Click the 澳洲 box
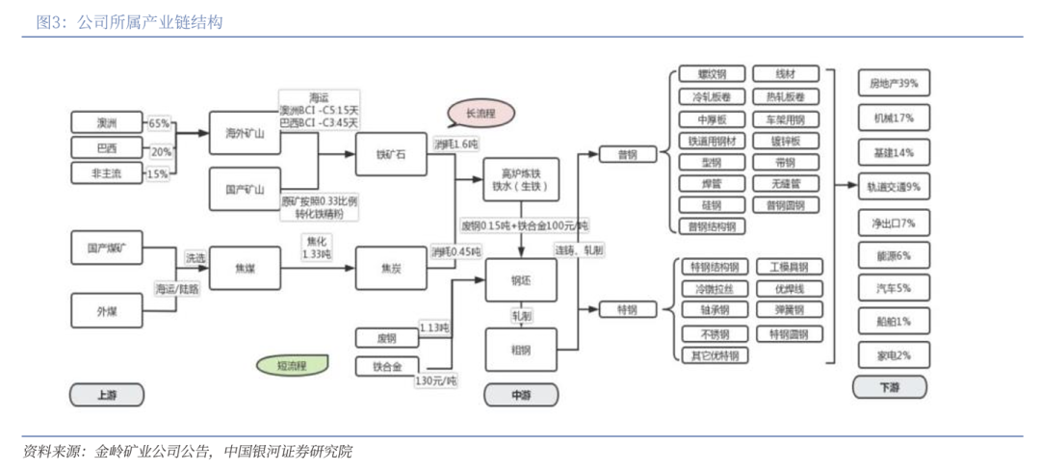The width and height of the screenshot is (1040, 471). point(106,122)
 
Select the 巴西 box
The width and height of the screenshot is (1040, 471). point(106,148)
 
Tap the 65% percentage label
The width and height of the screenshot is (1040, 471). point(159,123)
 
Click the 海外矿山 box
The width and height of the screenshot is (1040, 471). point(245,133)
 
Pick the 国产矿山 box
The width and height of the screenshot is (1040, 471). point(245,189)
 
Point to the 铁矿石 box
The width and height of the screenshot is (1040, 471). point(390,154)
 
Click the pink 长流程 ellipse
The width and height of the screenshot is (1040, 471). point(480,114)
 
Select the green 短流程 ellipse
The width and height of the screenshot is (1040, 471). point(291,365)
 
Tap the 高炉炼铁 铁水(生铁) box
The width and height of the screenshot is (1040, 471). point(519,180)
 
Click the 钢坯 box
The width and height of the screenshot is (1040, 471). point(520,280)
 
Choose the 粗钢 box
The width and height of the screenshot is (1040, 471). point(520,350)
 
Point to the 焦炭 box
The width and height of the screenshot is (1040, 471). point(390,270)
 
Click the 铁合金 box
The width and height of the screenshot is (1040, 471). point(386,366)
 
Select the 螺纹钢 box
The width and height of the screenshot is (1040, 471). point(712,74)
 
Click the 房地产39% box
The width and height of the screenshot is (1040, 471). point(893,84)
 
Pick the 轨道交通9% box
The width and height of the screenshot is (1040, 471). point(893,187)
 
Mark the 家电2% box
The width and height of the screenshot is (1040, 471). point(893,354)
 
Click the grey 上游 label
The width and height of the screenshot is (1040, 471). point(106,395)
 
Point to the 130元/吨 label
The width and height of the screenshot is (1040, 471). point(436,381)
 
